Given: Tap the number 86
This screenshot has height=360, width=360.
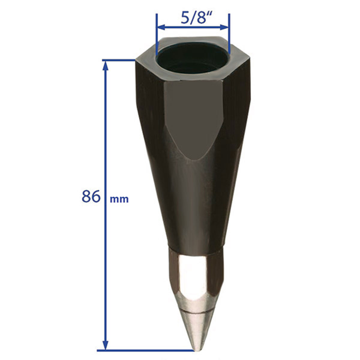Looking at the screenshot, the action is (x=91, y=196).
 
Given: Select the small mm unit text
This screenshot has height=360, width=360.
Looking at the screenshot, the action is (x=119, y=199).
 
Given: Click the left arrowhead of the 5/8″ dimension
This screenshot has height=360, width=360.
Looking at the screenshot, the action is (x=161, y=27).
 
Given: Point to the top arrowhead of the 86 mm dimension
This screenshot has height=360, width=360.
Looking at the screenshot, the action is (x=106, y=66).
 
